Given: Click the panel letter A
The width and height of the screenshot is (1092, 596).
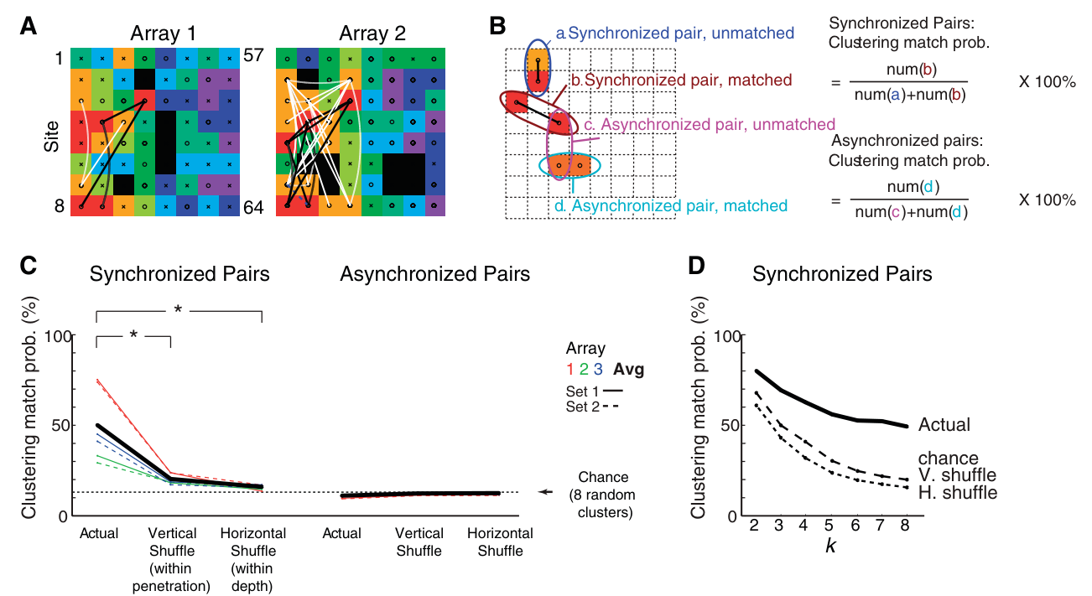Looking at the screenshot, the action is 29,26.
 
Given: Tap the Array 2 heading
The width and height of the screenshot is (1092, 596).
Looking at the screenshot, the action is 372,34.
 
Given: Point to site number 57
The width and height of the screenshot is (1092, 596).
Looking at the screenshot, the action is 253,55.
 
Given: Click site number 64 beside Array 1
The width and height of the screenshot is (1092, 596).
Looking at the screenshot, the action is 253,208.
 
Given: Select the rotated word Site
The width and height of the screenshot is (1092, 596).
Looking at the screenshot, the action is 51,137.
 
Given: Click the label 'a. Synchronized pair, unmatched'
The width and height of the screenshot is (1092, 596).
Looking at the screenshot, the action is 675,34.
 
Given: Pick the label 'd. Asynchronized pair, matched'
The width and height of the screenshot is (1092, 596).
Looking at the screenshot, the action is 671,205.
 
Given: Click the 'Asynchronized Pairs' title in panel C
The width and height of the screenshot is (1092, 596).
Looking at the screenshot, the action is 434,274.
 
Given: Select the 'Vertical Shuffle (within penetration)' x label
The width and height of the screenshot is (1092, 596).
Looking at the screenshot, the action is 172,559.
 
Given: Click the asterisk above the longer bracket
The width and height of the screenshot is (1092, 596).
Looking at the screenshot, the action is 178,310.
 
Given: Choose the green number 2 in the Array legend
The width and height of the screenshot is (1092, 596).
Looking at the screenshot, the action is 584,370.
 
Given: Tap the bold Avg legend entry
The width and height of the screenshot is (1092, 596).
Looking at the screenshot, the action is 629,370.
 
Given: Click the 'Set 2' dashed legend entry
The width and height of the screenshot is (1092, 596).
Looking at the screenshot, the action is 592,407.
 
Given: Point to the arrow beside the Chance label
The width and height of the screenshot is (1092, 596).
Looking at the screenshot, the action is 545,492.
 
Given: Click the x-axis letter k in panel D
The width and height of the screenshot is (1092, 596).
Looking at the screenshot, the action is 830,546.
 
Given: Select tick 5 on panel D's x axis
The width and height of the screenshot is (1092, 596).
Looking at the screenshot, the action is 829,526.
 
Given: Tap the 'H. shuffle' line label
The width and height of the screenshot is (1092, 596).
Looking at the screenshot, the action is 958,493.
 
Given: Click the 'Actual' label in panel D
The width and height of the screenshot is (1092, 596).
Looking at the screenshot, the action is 944,425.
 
